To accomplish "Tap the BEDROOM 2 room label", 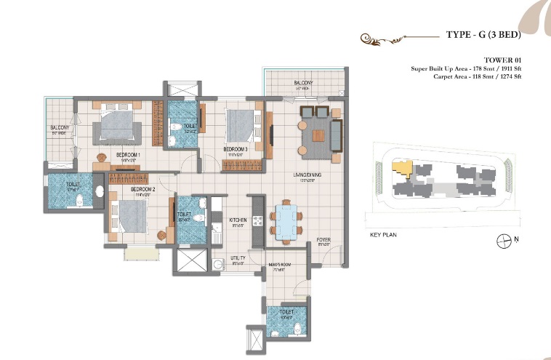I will click(x=141, y=191).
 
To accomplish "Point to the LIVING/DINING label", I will click(x=307, y=175).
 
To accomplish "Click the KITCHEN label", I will click(x=238, y=219).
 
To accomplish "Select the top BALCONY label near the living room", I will click(x=303, y=84).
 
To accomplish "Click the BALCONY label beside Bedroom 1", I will click(x=60, y=129).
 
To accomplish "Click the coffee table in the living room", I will click(x=318, y=135).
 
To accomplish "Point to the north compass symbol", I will click(x=502, y=240).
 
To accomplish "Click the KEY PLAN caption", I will click(x=385, y=235).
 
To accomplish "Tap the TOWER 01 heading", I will click(x=503, y=60).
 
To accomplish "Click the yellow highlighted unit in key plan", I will click(x=401, y=168).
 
